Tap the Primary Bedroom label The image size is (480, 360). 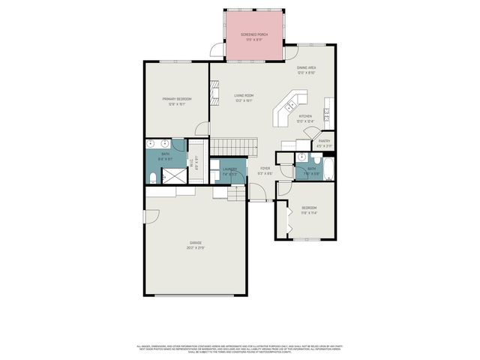pos(177,99)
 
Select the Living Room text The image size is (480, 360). pos(244,95)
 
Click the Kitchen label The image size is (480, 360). pos(305,116)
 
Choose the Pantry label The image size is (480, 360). pos(324,140)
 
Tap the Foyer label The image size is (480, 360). pos(265,168)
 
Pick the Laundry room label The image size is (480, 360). pos(229,169)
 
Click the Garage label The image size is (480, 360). pos(195,243)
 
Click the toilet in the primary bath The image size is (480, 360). pos(152,178)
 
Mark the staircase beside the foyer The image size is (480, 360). pos(232,144)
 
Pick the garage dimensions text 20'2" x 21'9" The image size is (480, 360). pos(195,247)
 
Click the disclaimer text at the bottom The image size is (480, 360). pos(240,348)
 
